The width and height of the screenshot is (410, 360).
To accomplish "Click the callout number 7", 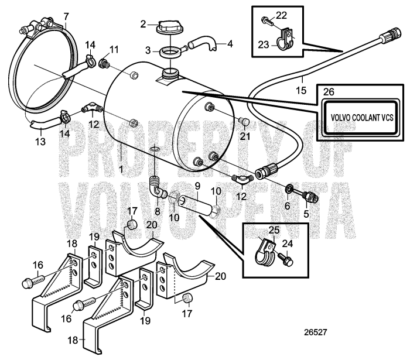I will tap(66, 15).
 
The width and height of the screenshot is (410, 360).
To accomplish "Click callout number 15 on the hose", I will tap(300, 91).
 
